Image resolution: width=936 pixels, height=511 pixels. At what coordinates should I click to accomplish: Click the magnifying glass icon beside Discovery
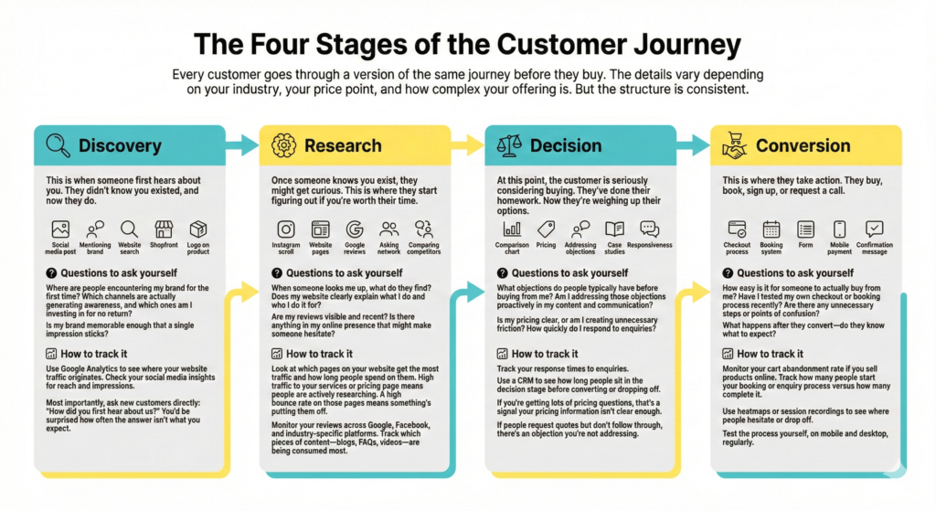[x=58, y=144]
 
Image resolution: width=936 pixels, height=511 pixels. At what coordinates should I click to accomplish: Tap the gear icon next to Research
[x=284, y=144]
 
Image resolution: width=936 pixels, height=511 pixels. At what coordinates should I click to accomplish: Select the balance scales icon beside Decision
[x=509, y=144]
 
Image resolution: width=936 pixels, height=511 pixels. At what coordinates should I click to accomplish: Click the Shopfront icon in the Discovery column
[x=164, y=229]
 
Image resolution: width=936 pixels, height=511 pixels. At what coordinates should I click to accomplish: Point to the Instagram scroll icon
[x=286, y=229]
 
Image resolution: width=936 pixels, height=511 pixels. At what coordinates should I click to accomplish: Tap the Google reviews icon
[x=355, y=229]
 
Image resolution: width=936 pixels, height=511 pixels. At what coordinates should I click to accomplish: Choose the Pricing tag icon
[x=547, y=229]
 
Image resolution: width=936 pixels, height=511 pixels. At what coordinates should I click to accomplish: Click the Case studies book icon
[x=615, y=229]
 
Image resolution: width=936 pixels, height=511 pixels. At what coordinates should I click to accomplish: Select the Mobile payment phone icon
[x=839, y=229]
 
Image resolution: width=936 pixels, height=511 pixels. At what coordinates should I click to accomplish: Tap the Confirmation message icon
[x=875, y=229]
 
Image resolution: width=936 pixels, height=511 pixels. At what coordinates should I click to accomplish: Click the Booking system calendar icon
[x=771, y=229]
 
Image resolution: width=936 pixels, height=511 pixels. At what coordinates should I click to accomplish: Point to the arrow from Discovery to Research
[x=242, y=144]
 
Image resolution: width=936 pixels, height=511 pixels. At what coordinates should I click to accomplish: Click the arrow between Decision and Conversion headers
[x=693, y=144]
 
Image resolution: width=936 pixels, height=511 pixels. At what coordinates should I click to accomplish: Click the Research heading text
[x=343, y=145]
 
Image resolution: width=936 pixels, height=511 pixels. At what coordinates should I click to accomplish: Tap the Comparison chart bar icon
[x=512, y=229]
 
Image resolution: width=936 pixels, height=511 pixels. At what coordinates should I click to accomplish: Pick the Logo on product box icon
[x=198, y=229]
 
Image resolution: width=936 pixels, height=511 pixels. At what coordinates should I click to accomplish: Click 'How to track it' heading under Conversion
[x=771, y=354]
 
